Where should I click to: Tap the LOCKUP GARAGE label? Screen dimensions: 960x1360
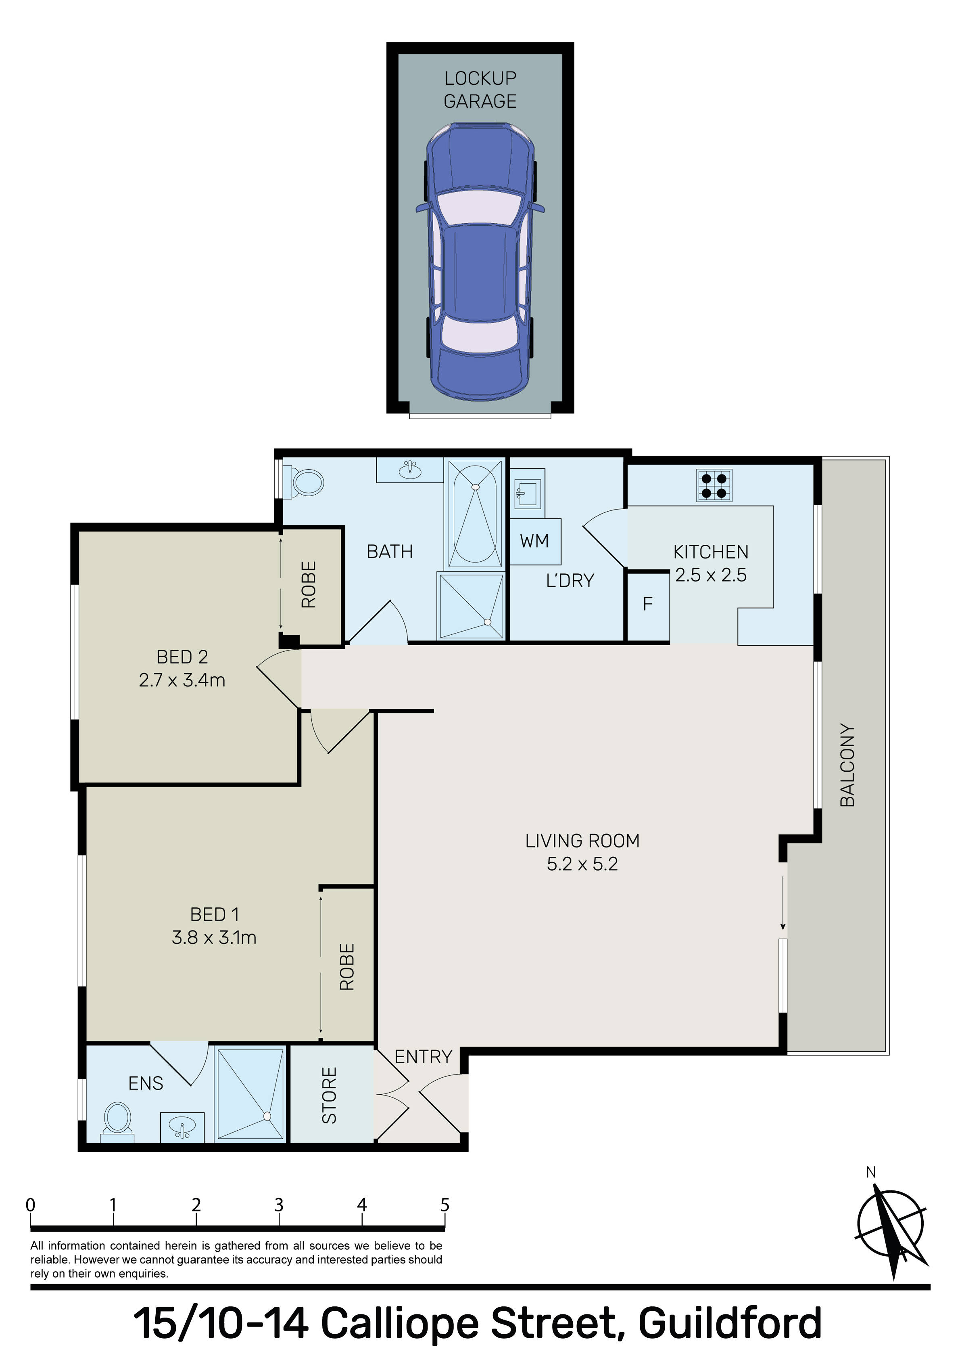480,90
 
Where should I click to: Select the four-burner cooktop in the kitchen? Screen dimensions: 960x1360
714,485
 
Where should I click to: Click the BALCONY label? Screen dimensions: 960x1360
847,765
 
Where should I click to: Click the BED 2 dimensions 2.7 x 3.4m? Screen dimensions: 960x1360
182,680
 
